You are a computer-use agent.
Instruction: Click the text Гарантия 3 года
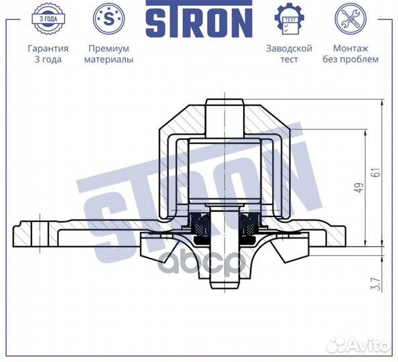tap(48, 54)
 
